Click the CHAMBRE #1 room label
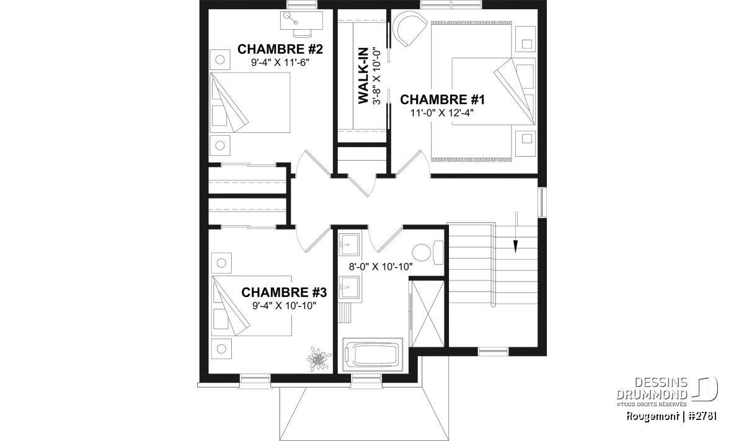point(443,100)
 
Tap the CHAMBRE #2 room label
point(280,49)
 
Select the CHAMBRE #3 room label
point(284,292)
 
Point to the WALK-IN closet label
point(363,76)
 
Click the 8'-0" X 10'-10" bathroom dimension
point(381,267)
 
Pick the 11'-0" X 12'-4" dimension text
point(441,113)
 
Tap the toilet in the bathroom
point(428,253)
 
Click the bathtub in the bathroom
point(373,354)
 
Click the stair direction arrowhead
point(515,246)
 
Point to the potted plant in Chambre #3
point(319,359)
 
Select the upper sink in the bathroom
point(349,244)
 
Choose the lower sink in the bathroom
point(349,287)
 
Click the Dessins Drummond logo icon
point(705,389)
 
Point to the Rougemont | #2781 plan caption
point(671,416)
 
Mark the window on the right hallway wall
point(542,202)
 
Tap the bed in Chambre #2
point(250,103)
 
